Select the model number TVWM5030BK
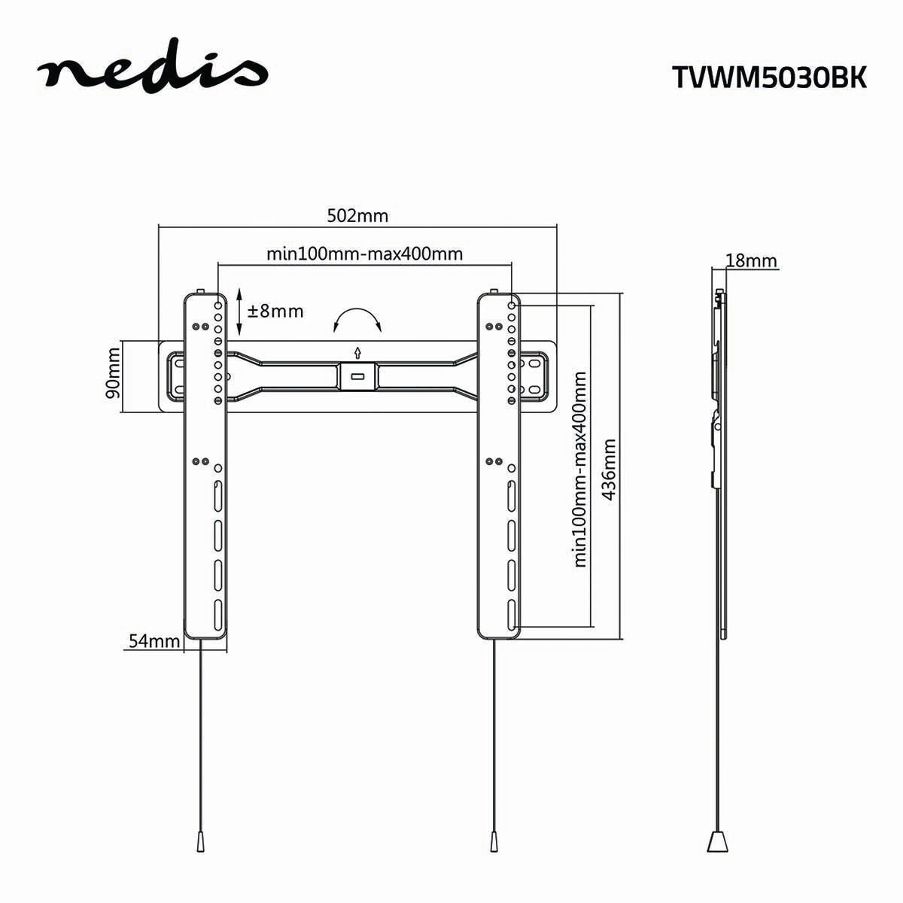tap(768, 78)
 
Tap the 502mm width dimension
tap(357, 216)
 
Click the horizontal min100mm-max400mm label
tap(364, 254)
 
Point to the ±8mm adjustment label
tap(275, 311)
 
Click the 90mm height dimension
tap(113, 378)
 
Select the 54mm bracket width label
tap(154, 641)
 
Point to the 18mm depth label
tap(751, 261)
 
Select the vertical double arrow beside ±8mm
tap(239, 311)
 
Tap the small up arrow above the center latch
tap(358, 351)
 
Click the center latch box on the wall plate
tap(358, 376)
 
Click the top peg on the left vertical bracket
tap(201, 291)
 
